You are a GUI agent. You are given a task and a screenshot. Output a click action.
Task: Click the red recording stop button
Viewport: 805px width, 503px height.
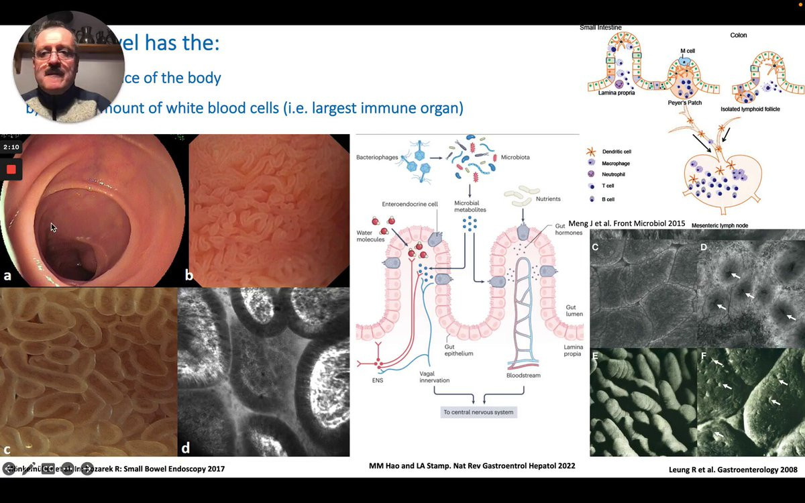coord(11,169)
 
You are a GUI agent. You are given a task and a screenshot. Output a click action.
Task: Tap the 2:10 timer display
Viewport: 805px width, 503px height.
coord(11,147)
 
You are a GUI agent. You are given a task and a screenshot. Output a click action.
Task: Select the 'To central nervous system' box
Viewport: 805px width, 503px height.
coord(479,412)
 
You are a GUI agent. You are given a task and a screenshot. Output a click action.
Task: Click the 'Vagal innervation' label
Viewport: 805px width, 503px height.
coord(435,376)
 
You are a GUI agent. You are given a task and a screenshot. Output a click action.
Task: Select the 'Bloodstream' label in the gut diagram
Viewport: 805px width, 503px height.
coord(521,376)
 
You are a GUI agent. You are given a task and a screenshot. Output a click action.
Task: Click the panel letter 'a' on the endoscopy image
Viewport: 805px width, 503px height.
coord(7,275)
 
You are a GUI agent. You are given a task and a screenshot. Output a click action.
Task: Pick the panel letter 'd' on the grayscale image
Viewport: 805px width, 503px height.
coord(186,447)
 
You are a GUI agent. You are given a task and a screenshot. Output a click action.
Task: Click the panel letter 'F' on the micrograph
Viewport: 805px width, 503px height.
coord(704,356)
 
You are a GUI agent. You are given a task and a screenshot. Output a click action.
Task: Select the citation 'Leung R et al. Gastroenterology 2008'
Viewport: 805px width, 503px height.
coord(733,469)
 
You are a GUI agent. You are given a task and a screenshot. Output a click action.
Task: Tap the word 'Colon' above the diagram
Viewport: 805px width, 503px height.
coord(738,35)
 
